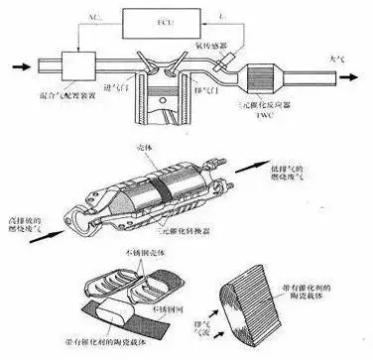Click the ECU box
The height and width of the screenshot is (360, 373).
tap(164, 21)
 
